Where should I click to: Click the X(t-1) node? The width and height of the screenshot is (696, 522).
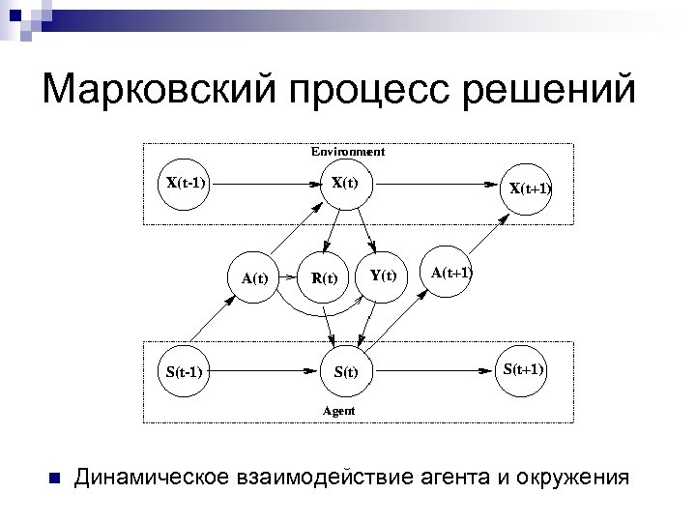click(x=185, y=182)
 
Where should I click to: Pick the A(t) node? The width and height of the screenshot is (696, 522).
click(x=254, y=278)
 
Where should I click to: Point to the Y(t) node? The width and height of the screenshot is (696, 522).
click(x=383, y=275)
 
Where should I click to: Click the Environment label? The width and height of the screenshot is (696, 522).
click(x=347, y=152)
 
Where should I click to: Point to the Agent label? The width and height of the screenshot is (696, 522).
click(x=338, y=411)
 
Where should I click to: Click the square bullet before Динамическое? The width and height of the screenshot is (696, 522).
click(x=54, y=478)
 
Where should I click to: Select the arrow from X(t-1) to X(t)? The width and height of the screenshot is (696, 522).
click(x=265, y=182)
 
